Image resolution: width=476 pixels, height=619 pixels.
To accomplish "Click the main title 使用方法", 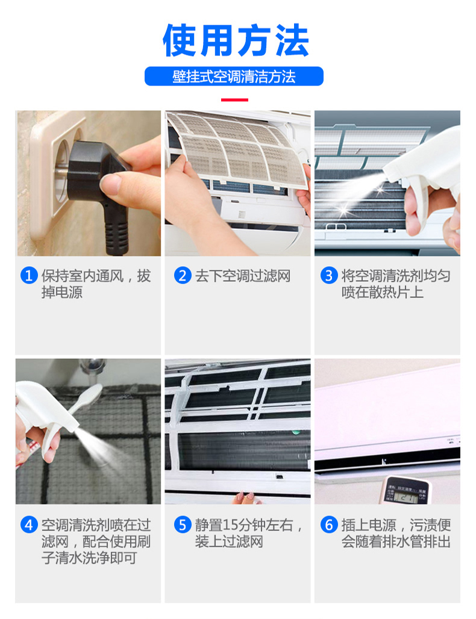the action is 236,40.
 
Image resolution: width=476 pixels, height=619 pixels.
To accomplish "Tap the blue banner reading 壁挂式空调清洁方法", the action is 234,76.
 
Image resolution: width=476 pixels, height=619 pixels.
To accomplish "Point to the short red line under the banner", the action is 234,100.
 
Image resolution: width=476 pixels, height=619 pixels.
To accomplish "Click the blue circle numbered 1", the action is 29,275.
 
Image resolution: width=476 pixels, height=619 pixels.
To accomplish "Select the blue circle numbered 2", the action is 183,275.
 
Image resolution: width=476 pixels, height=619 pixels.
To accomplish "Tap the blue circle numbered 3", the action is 328,275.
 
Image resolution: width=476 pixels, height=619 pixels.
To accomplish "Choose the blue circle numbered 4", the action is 29,524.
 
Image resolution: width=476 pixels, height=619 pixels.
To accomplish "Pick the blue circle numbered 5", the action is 183,524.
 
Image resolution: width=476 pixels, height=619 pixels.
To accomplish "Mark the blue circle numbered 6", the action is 328,524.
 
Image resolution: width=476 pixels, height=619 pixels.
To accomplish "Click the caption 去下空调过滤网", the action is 243,276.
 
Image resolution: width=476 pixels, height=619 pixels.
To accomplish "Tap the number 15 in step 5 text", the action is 231,525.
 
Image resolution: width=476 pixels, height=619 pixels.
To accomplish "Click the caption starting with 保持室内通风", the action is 96,284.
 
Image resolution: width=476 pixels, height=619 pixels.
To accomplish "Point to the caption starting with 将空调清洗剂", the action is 396,284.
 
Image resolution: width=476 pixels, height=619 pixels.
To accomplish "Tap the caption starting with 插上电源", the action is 396,533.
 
